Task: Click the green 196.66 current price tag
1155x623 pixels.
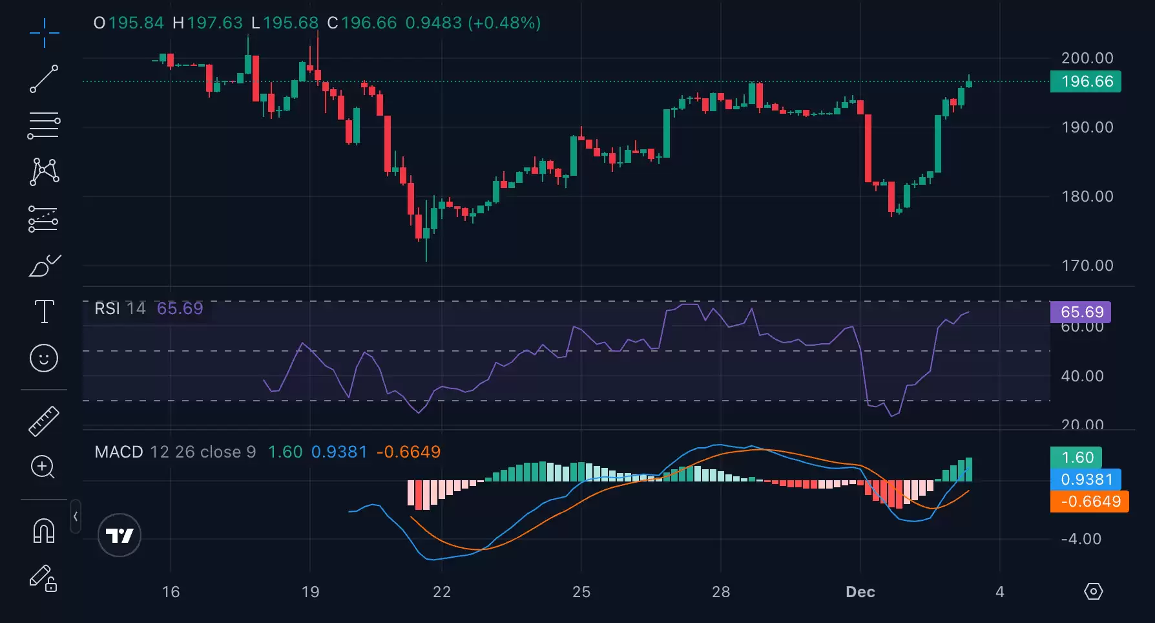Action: click(x=1086, y=81)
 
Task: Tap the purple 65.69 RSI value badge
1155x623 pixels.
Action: click(x=1081, y=312)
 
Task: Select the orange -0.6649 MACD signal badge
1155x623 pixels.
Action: click(x=1090, y=502)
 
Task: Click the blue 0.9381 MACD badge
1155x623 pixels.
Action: click(x=1086, y=480)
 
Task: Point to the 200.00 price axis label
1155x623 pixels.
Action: click(x=1087, y=58)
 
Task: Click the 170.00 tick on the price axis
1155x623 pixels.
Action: click(x=1087, y=266)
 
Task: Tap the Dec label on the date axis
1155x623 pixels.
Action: click(x=860, y=592)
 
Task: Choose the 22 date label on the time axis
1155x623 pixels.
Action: click(x=442, y=592)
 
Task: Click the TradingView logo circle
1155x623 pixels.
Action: click(x=120, y=535)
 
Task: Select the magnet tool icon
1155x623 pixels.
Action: click(x=44, y=531)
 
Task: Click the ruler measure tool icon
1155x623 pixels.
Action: click(x=44, y=421)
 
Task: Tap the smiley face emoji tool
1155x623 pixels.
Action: click(x=44, y=357)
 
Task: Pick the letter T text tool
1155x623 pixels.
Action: click(x=44, y=311)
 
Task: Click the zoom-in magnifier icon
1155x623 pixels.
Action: click(x=43, y=467)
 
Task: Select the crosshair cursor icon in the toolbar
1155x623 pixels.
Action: click(x=44, y=33)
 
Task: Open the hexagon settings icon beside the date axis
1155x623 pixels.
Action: click(x=1093, y=591)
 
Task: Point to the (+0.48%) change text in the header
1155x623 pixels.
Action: click(x=505, y=23)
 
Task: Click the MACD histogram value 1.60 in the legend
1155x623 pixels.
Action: click(x=285, y=452)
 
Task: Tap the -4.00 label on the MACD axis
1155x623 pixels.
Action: click(x=1081, y=539)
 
